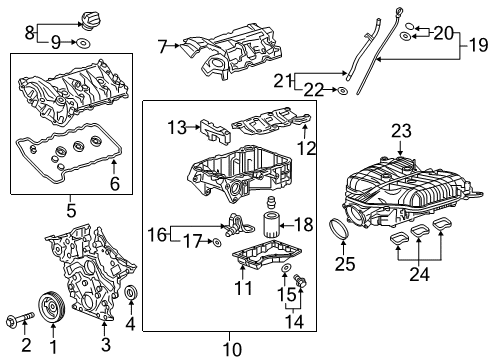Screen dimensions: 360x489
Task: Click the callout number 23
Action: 401,129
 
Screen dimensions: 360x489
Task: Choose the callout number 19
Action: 479,44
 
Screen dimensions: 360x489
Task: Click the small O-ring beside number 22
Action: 342,92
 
